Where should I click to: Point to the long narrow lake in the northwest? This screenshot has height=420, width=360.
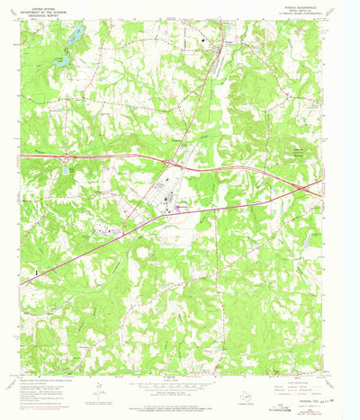pyautogui.click(x=77, y=35)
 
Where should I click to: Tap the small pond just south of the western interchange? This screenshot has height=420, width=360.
pyautogui.click(x=66, y=169)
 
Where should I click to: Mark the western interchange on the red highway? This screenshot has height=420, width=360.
pyautogui.click(x=65, y=159)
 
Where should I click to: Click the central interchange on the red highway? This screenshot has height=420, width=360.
pyautogui.click(x=170, y=163)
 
